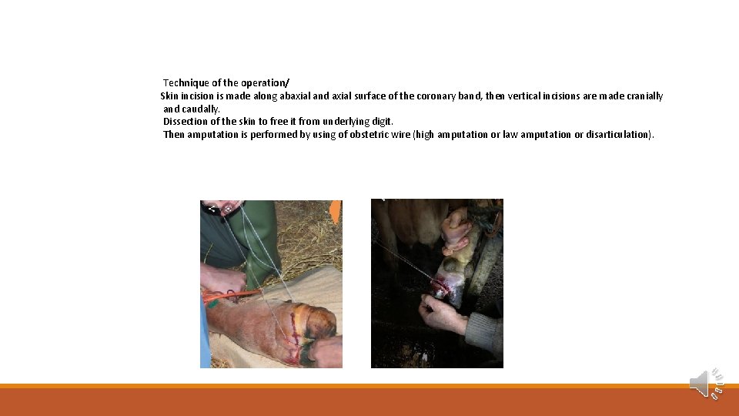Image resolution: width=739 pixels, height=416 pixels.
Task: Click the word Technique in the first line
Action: point(185,82)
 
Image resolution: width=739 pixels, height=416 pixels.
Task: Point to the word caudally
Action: point(202,109)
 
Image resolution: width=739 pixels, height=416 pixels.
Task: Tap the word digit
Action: point(382,122)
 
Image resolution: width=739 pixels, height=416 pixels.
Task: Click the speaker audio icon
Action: point(704,383)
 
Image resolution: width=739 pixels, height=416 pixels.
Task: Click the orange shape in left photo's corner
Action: point(335,212)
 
